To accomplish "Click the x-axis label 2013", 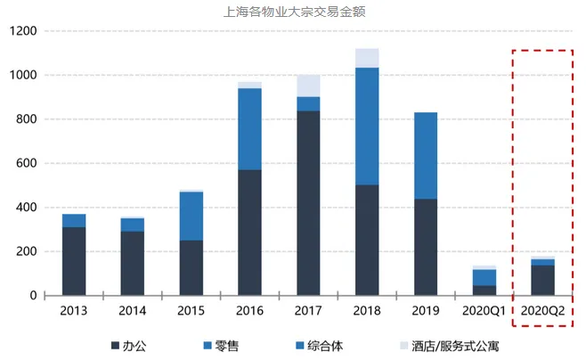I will point(74,313).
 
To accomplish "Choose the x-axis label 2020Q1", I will point(484,313).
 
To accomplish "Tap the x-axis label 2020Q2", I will point(543,313).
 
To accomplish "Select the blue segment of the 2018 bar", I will point(367,126).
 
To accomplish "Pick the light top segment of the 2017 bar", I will point(308,86).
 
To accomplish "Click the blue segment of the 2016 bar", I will point(249,128).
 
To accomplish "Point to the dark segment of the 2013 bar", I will point(74,261).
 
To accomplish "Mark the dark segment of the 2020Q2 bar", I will point(543,280).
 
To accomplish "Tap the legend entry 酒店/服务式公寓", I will point(437,345).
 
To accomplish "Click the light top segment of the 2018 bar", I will point(367,58).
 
